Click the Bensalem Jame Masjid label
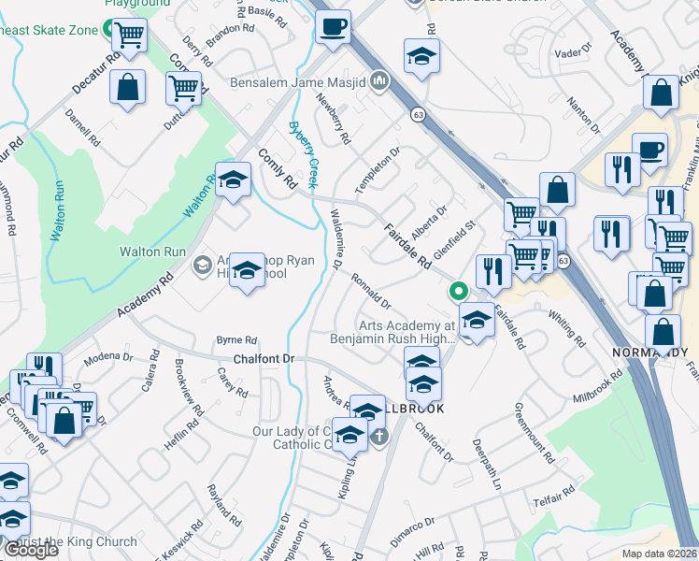click(299, 82)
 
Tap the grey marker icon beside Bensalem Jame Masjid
click(379, 82)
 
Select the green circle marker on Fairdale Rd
click(458, 291)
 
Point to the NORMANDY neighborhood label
click(649, 352)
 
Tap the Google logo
click(31, 550)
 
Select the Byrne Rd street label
click(235, 340)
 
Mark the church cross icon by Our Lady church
click(379, 435)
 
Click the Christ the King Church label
click(82, 541)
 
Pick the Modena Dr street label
click(108, 356)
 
